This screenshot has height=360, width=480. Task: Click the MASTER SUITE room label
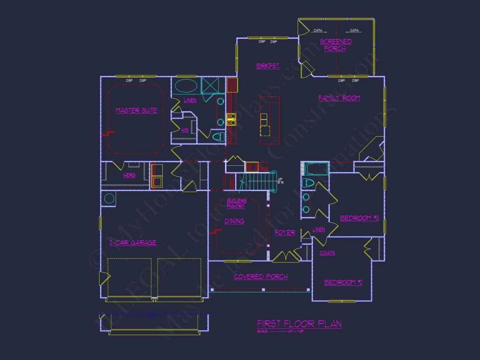click(136, 111)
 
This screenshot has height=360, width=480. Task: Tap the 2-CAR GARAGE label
click(133, 243)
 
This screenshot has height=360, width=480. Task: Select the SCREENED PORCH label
click(336, 45)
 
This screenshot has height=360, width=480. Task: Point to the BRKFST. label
click(268, 66)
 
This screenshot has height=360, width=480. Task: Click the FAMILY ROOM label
click(339, 98)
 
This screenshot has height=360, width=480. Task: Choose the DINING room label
click(234, 221)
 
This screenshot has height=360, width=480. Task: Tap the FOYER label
click(285, 233)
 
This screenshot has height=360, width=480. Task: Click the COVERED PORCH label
click(261, 277)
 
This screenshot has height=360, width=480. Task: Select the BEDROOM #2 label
click(343, 283)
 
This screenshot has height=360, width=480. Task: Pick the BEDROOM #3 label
click(359, 218)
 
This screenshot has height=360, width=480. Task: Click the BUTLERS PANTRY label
click(236, 203)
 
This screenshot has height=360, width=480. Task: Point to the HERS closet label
click(129, 176)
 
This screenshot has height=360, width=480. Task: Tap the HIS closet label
click(185, 130)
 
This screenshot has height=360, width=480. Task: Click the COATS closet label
click(327, 253)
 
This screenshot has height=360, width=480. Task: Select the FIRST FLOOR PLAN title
click(299, 324)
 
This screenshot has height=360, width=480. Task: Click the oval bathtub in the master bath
click(185, 85)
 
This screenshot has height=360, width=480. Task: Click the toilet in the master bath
click(218, 137)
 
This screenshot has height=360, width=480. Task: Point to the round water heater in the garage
click(109, 199)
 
